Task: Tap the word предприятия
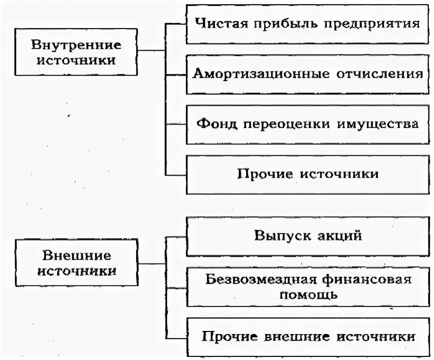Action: click(x=370, y=24)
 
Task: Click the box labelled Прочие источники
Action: click(x=307, y=174)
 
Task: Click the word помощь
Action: click(x=308, y=295)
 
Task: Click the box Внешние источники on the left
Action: click(x=76, y=263)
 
